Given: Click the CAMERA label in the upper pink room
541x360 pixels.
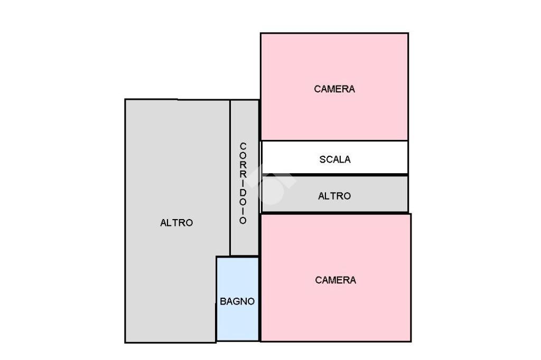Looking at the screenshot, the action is (334, 89).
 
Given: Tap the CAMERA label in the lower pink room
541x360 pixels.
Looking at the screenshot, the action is (335, 280).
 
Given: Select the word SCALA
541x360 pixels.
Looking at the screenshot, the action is (334, 159).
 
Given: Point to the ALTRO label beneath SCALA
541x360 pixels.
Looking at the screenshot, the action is (334, 196).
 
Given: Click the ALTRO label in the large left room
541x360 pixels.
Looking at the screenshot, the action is (176, 223).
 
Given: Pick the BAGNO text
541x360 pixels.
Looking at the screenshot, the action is (237, 301).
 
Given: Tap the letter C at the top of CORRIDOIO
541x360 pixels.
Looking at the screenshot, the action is (243, 146).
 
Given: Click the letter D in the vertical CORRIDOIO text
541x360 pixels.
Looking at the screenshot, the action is (243, 193).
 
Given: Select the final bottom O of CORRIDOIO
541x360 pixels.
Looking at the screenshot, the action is (243, 220).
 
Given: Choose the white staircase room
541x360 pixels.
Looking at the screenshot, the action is (334, 157).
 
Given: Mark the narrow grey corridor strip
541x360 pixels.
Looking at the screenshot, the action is (244, 178).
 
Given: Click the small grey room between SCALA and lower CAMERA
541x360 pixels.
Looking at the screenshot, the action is (334, 194).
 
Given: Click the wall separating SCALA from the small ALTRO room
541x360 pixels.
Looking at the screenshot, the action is (334, 175).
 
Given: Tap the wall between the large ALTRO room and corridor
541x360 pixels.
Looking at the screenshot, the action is (230, 178).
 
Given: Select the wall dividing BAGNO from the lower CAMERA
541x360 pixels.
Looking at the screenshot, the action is (259, 299).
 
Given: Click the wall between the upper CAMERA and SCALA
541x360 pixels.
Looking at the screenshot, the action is (334, 141).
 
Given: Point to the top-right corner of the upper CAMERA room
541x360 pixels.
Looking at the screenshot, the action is (408, 33).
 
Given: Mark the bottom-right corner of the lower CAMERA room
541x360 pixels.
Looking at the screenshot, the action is (411, 342).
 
